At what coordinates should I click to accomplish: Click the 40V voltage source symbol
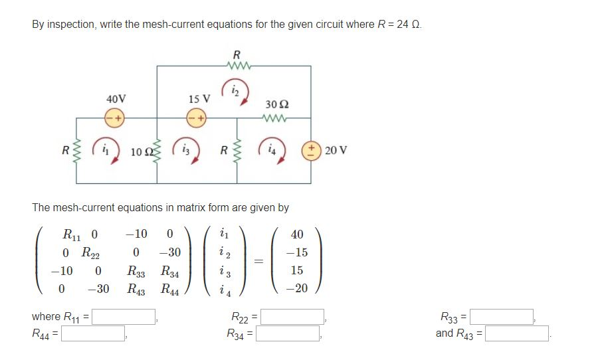[x=115, y=118]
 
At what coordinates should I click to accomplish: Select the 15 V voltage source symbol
[x=197, y=118]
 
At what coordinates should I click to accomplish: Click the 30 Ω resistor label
[x=276, y=104]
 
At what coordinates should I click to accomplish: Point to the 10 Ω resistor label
[x=142, y=151]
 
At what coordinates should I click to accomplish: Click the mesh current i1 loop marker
[x=104, y=149]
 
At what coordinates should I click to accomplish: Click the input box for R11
[x=124, y=316]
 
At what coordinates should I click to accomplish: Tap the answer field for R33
[x=502, y=316]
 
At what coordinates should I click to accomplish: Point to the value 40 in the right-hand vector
[x=297, y=234]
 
